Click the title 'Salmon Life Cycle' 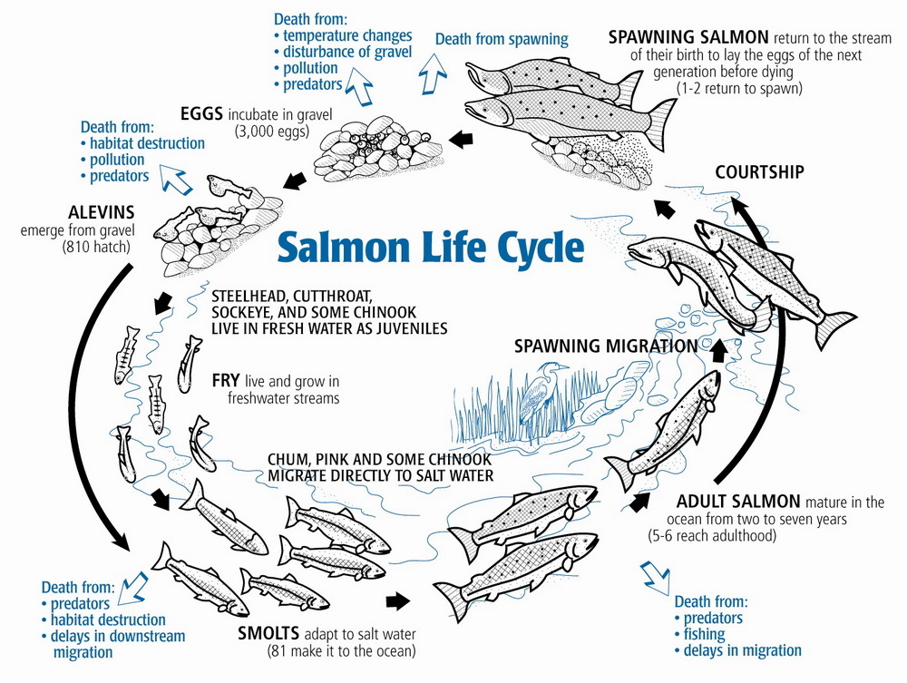click(430, 247)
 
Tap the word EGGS click(201, 113)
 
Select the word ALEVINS click(102, 212)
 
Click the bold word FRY click(226, 381)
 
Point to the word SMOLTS click(268, 633)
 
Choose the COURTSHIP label click(759, 172)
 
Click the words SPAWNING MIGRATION click(606, 346)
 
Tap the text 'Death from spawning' click(502, 39)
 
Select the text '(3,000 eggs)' click(272, 132)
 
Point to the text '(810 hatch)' click(96, 247)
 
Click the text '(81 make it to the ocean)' click(341, 650)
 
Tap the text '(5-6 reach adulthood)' click(712, 535)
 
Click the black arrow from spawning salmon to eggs click(463, 140)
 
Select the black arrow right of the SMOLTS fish click(398, 600)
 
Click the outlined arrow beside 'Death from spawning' click(433, 73)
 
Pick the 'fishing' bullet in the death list click(699, 634)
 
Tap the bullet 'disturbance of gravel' click(343, 52)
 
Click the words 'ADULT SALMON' click(738, 502)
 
